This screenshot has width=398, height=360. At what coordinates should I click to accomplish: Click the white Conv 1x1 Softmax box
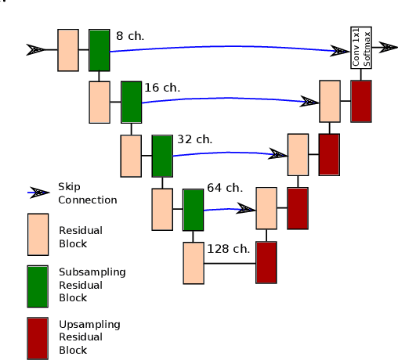click(x=360, y=48)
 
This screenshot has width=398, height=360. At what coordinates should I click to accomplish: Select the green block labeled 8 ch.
click(x=99, y=50)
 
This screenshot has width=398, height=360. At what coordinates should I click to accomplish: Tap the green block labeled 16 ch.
click(x=131, y=102)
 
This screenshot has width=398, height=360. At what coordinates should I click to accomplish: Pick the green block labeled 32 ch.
click(x=161, y=156)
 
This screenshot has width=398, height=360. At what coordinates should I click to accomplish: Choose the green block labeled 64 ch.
click(x=193, y=210)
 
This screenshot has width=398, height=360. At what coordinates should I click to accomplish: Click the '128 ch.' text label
click(x=229, y=249)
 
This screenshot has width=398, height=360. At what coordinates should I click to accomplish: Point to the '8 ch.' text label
click(x=130, y=36)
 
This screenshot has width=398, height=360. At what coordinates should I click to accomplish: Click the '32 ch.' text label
click(x=195, y=139)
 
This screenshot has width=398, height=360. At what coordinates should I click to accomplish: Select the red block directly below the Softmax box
click(x=361, y=101)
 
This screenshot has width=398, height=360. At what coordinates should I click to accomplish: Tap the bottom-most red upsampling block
click(x=266, y=262)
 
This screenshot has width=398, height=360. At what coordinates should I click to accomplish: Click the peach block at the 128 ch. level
click(x=194, y=263)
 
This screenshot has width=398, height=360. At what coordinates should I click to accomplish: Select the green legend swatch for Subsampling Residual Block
click(x=38, y=286)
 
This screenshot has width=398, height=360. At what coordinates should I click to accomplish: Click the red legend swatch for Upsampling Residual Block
click(x=38, y=337)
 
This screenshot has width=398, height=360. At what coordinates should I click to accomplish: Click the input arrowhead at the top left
click(x=36, y=49)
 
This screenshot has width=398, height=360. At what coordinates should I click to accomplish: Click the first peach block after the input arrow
click(x=68, y=50)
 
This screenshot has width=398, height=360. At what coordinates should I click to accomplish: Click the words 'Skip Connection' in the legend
click(x=87, y=193)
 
